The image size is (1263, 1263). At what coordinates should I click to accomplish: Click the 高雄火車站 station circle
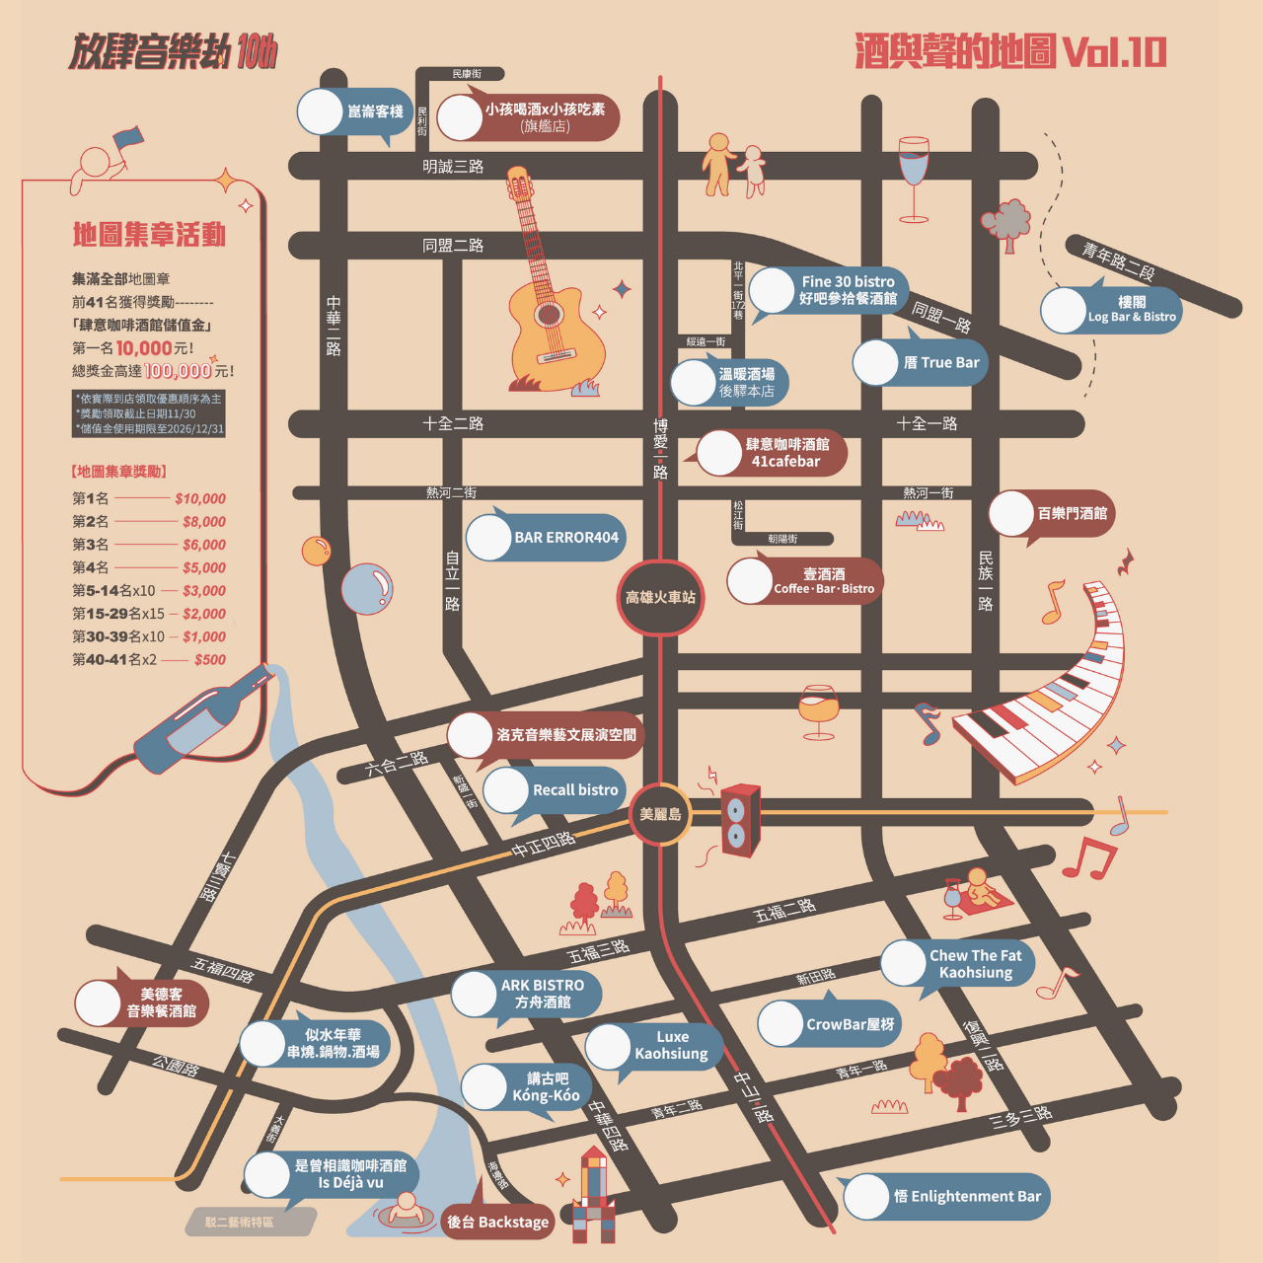click(x=660, y=598)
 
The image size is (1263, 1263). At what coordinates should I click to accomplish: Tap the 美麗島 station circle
click(x=660, y=814)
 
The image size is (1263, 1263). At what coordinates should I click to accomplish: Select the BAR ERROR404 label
click(x=565, y=538)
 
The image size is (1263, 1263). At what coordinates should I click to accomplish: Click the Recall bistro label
click(x=574, y=790)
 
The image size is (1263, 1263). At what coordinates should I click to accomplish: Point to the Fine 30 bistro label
click(x=847, y=290)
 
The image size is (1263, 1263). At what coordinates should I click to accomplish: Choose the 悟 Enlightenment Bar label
click(x=966, y=1197)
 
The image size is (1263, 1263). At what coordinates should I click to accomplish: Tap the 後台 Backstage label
click(x=497, y=1223)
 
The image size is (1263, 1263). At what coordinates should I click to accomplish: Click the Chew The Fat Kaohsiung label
click(x=975, y=964)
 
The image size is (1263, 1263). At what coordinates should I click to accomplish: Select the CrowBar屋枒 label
click(x=849, y=1024)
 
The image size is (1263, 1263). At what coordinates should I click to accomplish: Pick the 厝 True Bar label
click(x=940, y=363)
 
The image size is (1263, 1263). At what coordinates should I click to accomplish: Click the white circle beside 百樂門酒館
click(x=1011, y=514)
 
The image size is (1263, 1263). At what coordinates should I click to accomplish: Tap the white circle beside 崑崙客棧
click(x=320, y=111)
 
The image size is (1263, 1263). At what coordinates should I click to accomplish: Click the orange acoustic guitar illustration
click(x=549, y=296)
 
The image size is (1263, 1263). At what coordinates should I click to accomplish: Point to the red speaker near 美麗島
click(x=739, y=820)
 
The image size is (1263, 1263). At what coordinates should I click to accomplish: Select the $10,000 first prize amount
click(x=200, y=499)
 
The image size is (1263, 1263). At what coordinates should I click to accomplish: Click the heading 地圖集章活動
click(x=149, y=235)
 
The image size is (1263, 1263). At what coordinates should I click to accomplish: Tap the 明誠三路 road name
click(x=453, y=167)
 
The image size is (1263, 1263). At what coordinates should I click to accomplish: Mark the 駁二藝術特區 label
click(x=240, y=1223)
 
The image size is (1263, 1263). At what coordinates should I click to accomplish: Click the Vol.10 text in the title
click(x=1114, y=52)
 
